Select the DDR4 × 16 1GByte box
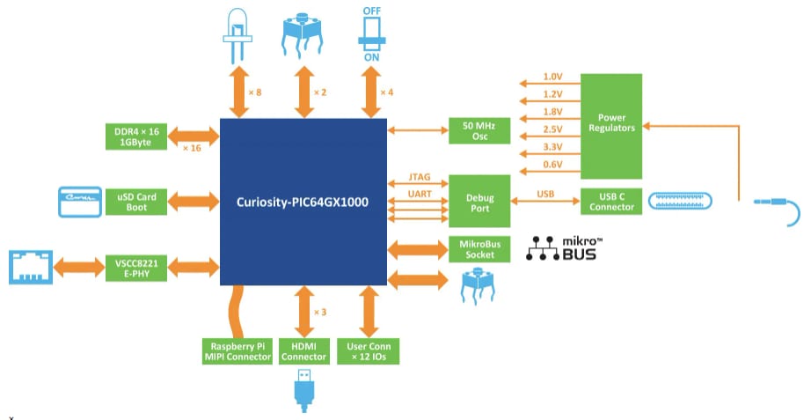point(133,136)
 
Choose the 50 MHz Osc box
point(479,131)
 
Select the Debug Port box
point(479,202)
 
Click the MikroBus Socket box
point(479,249)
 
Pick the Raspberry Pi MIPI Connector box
point(236,351)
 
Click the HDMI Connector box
point(304,351)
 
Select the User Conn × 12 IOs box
point(368,351)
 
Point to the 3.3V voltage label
point(552,148)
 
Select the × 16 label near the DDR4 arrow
point(192,148)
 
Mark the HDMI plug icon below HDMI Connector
point(303,390)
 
